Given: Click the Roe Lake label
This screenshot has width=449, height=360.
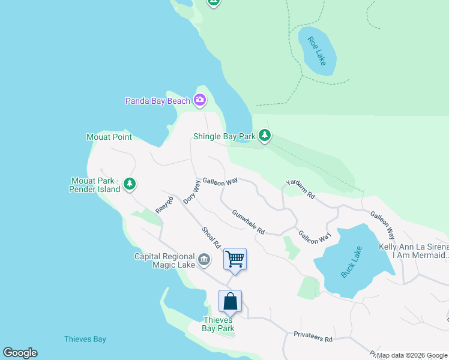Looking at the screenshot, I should click(x=316, y=51).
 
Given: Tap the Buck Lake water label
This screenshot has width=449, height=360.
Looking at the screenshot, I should click(x=352, y=262).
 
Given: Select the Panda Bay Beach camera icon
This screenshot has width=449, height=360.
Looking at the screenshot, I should click(x=200, y=101).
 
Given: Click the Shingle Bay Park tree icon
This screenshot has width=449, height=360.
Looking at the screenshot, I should click(x=265, y=136).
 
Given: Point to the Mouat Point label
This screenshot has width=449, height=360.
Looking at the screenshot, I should click(x=109, y=137).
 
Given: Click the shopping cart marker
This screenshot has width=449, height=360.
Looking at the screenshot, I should click(x=235, y=259).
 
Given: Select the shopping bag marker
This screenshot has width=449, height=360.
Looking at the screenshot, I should click(x=231, y=301).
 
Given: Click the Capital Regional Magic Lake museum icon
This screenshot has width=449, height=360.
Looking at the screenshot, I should click(x=204, y=260).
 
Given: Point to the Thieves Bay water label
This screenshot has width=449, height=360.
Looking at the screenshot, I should click(x=85, y=340).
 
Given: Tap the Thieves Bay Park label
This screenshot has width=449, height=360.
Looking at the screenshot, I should click(x=217, y=324).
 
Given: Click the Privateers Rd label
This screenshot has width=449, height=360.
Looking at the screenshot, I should click(x=313, y=337).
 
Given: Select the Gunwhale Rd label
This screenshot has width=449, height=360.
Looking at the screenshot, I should click(x=249, y=221).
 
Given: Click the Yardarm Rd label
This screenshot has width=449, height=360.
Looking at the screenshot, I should click(x=300, y=189).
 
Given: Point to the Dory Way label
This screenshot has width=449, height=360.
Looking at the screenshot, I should click(x=191, y=192).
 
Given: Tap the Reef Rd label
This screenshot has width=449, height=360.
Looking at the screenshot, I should click(x=164, y=205).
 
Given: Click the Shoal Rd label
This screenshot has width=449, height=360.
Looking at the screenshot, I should click(x=211, y=238).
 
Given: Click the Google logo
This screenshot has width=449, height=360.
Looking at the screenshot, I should click(x=20, y=353).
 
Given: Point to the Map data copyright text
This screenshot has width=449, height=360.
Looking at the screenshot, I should click(x=412, y=355).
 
